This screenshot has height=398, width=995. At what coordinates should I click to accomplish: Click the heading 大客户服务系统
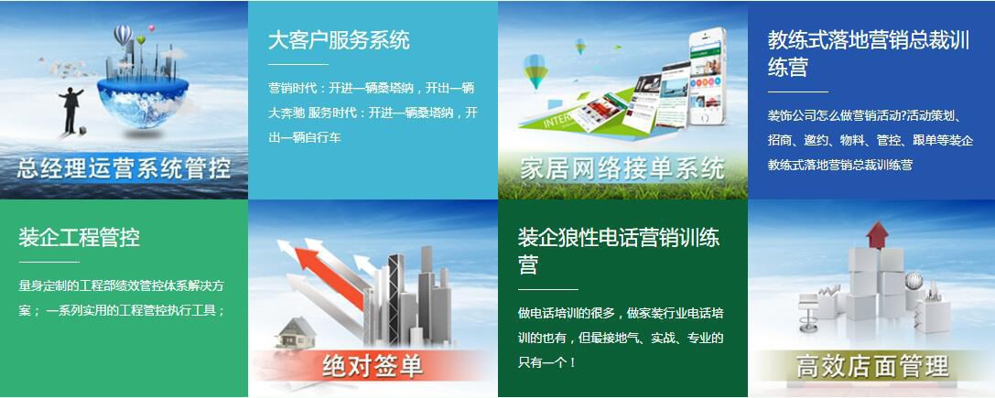tap(339, 40)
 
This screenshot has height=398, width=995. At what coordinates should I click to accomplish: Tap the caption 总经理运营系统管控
tap(124, 169)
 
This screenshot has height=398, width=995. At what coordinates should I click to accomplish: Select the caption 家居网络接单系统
tap(622, 169)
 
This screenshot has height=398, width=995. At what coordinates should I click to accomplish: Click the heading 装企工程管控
tap(79, 237)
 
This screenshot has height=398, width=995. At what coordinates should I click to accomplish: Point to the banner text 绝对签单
tap(373, 366)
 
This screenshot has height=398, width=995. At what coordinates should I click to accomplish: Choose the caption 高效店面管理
tap(872, 366)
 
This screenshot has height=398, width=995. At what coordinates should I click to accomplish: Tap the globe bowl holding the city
tap(144, 102)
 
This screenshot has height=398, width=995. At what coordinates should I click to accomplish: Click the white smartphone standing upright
tap(707, 76)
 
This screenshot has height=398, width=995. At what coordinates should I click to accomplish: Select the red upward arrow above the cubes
tap(877, 234)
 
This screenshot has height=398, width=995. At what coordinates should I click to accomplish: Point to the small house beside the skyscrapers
tap(296, 332)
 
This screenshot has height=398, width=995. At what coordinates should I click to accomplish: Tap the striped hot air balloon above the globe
tap(123, 35)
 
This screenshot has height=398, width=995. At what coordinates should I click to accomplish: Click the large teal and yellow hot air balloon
tap(535, 70)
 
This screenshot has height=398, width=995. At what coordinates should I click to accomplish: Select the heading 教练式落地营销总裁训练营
tap(869, 53)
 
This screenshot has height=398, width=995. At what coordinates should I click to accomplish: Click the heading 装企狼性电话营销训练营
tap(619, 251)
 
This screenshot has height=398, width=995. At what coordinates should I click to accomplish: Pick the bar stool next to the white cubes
tap(808, 312)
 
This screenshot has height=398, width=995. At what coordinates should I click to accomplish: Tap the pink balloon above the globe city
tap(151, 28)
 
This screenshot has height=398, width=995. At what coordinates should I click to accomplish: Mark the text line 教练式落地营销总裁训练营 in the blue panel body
tap(840, 165)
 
